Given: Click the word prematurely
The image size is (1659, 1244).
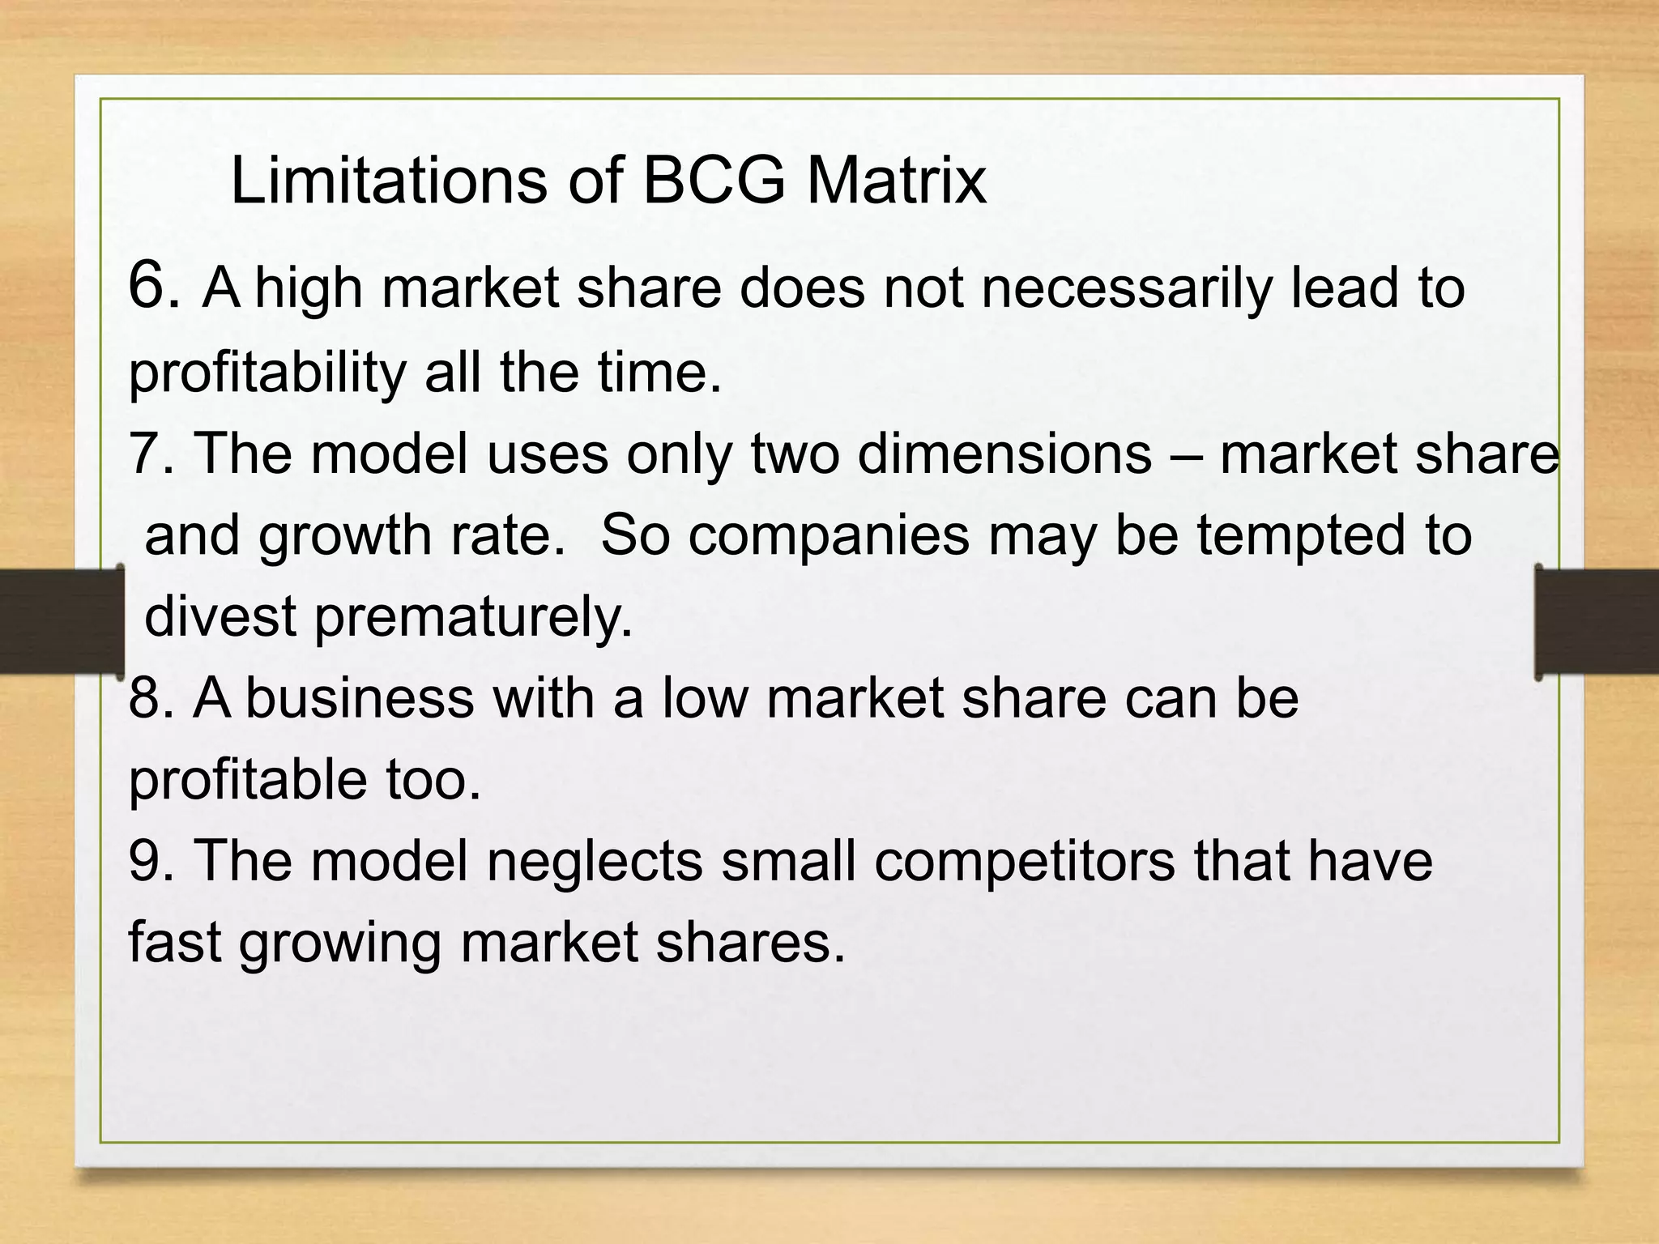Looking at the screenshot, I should click(473, 618).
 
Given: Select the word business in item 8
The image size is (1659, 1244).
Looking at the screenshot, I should click(360, 698).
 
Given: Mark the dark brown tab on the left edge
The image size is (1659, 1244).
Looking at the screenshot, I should click(61, 621).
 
